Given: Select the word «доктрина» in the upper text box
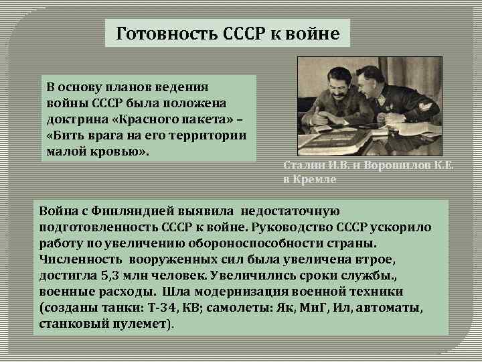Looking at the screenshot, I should coord(72,119).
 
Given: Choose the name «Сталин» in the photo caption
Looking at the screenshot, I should coord(305,166).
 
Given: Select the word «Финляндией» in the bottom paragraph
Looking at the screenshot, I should coord(123,213).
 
